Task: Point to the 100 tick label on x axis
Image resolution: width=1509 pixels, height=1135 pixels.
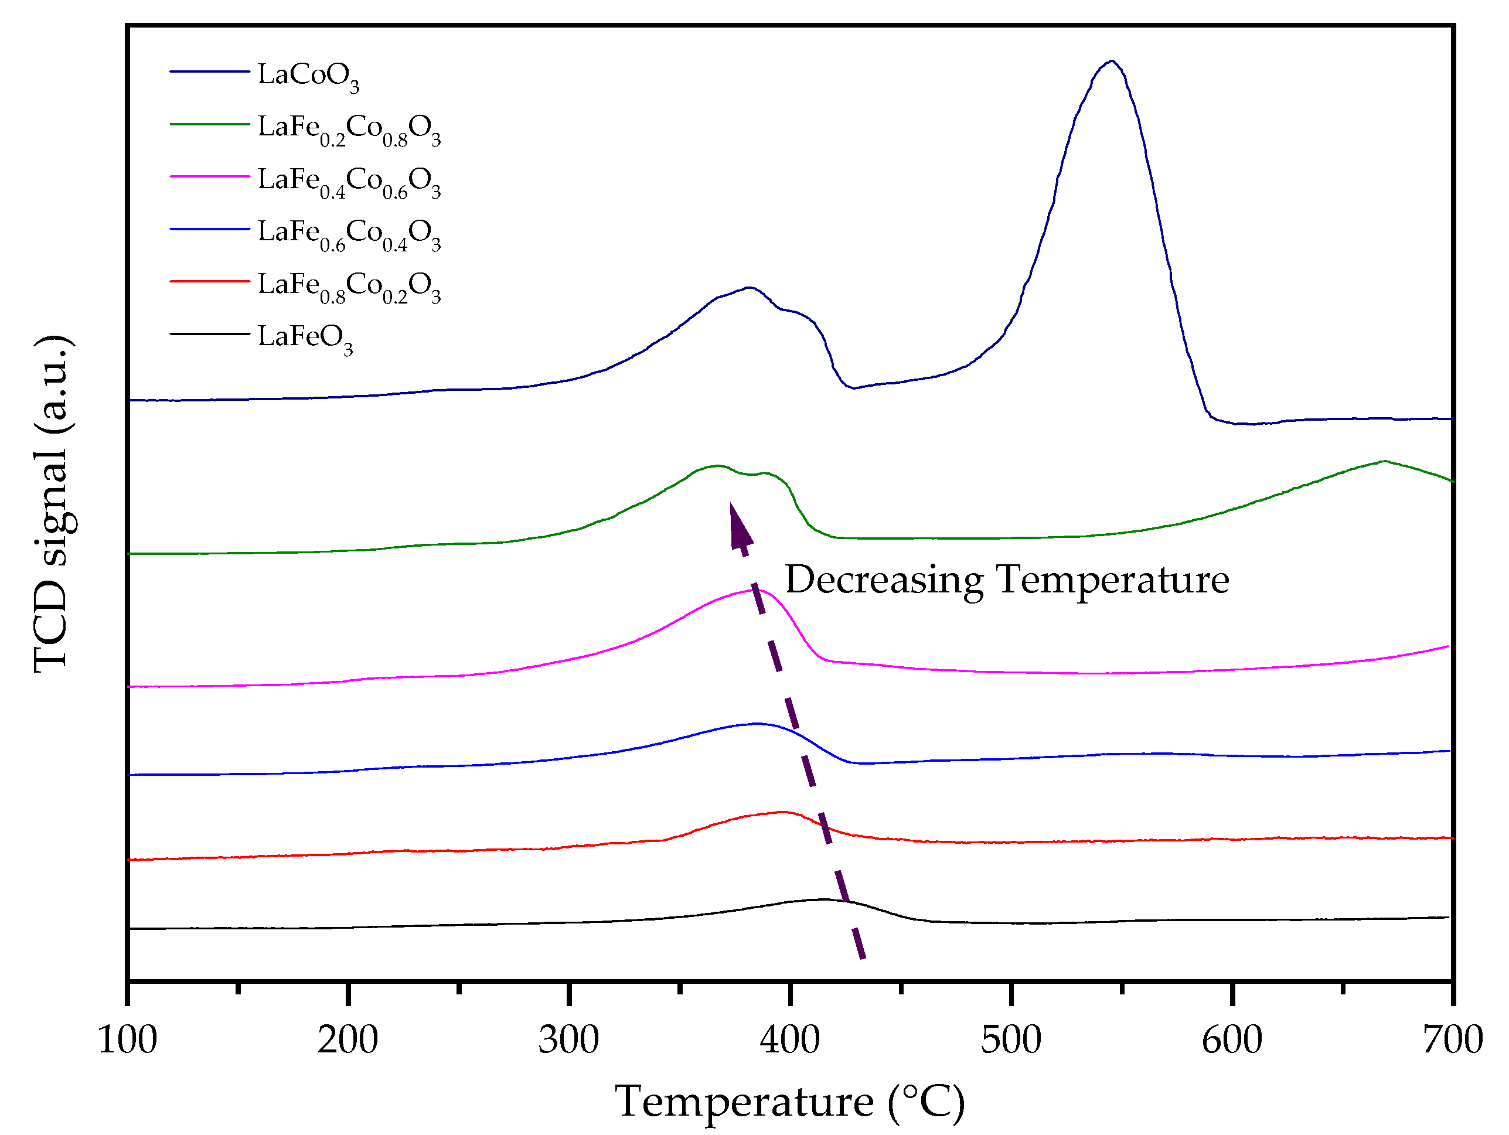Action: [x=128, y=1040]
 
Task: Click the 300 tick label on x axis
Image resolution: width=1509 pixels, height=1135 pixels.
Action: [x=568, y=1040]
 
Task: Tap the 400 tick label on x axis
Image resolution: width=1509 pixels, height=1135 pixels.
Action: [x=790, y=1040]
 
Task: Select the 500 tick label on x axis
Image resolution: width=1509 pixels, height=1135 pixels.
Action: [x=1010, y=1040]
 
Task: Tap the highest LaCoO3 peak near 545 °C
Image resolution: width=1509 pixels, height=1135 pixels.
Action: [x=1112, y=62]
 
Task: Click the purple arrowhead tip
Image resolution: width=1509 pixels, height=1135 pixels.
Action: [x=731, y=505]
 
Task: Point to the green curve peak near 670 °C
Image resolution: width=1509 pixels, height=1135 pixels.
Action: [x=1384, y=462]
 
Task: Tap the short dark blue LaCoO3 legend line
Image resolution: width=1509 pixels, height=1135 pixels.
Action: [x=209, y=71]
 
